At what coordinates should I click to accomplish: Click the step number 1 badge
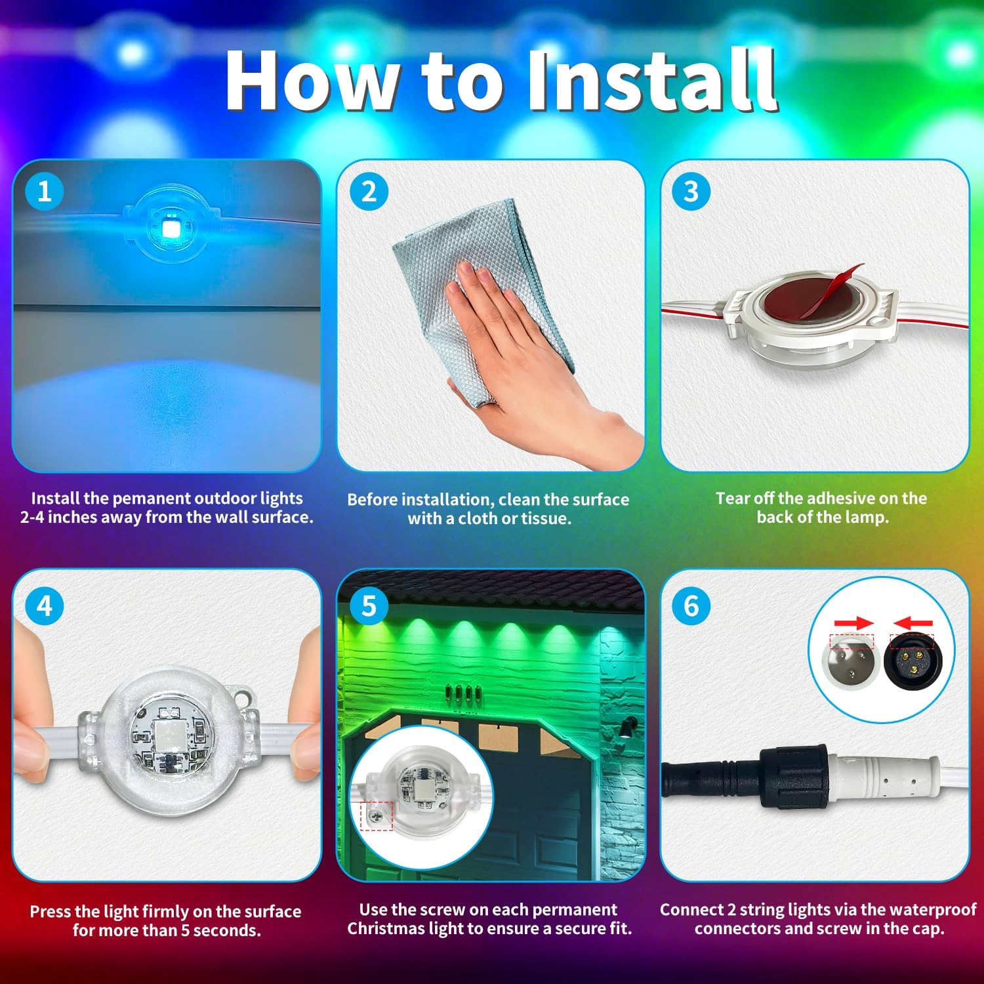click(44, 192)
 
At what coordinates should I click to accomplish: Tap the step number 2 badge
click(369, 192)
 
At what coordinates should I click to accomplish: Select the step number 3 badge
click(691, 192)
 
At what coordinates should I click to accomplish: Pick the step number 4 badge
click(44, 605)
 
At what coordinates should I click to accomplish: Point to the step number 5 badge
click(369, 605)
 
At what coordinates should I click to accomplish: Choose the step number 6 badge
click(691, 605)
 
